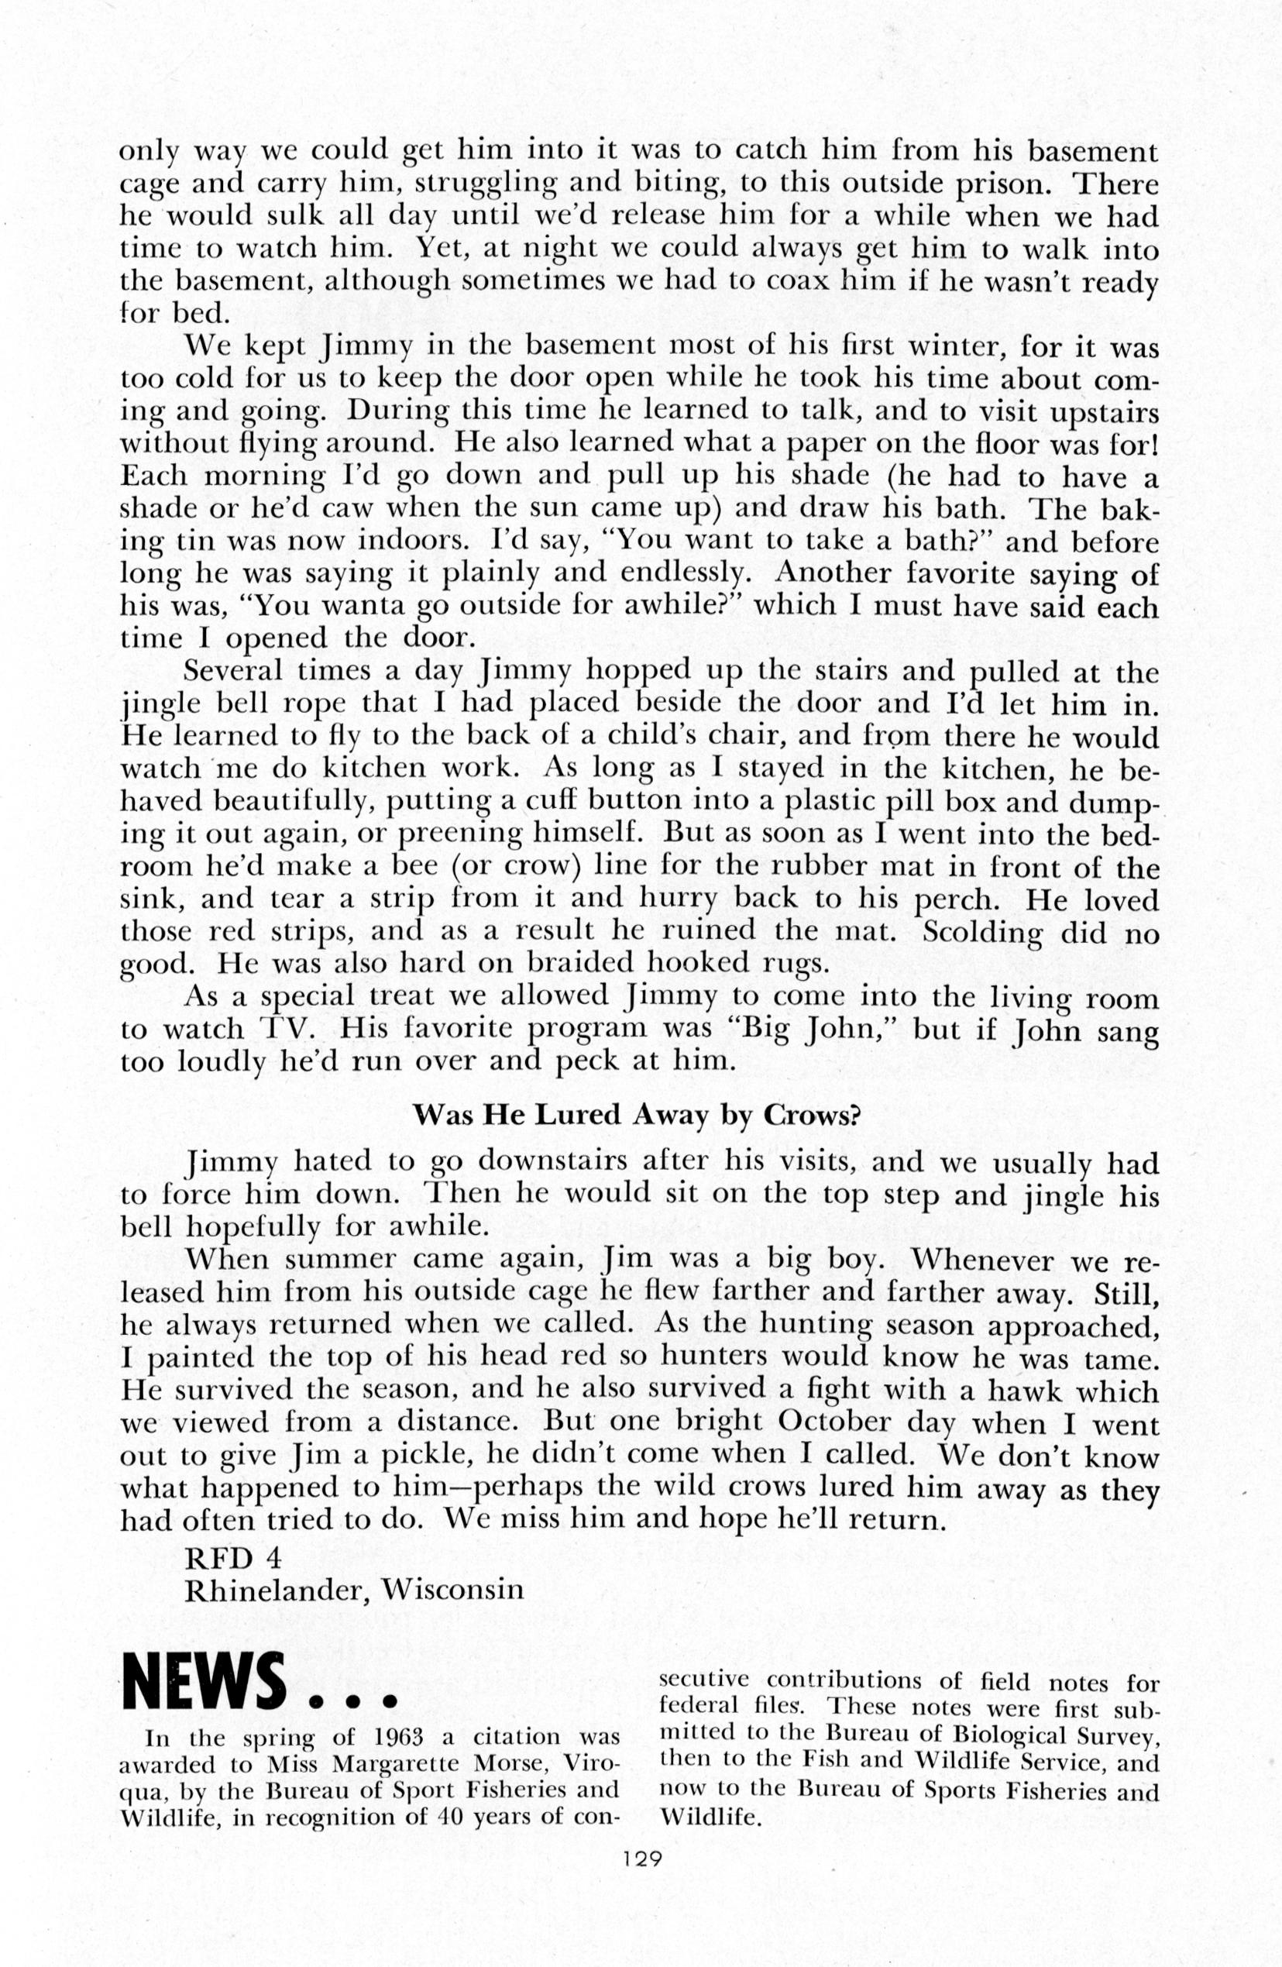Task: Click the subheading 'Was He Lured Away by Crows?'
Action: tap(637, 1115)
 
